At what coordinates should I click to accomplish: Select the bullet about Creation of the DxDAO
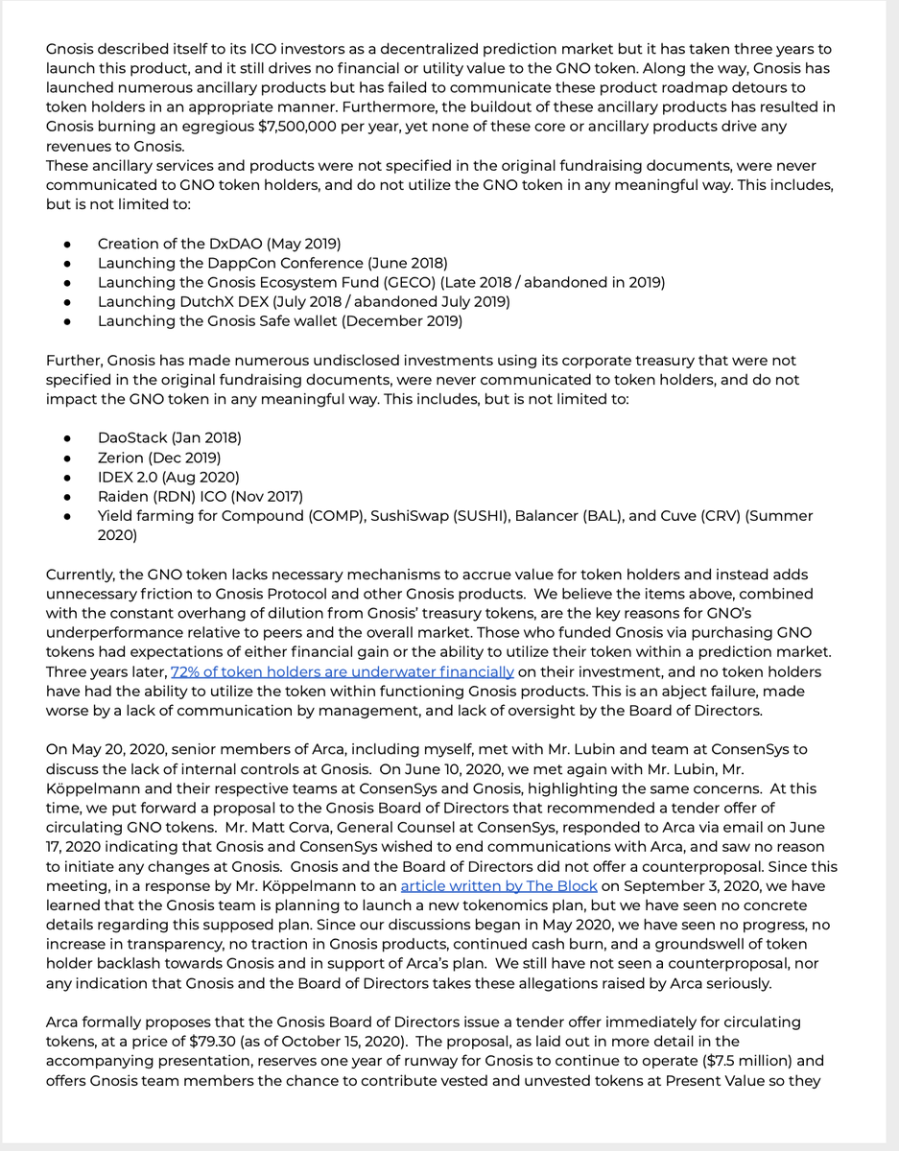(x=219, y=243)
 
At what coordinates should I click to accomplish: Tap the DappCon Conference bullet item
(x=272, y=262)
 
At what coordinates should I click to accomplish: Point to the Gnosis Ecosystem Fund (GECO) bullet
(x=381, y=282)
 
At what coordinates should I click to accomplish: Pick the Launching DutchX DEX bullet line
(x=303, y=301)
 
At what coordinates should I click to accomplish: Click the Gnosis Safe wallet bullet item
(x=280, y=320)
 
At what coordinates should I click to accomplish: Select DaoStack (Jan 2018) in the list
(x=169, y=437)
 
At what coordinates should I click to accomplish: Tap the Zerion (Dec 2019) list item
(x=159, y=458)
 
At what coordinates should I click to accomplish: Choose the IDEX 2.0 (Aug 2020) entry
(x=168, y=477)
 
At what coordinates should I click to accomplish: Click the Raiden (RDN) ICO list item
(x=200, y=496)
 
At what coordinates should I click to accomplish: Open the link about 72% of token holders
(x=343, y=672)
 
